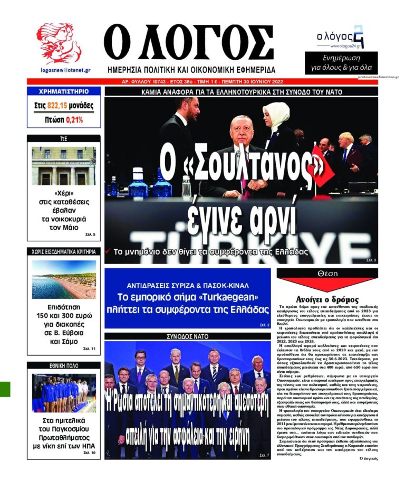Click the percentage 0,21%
tap(74, 120)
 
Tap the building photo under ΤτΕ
tap(64, 166)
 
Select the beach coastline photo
tap(64, 280)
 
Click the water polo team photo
tap(64, 393)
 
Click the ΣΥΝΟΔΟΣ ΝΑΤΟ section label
tap(188, 336)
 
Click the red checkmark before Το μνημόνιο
tap(108, 252)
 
